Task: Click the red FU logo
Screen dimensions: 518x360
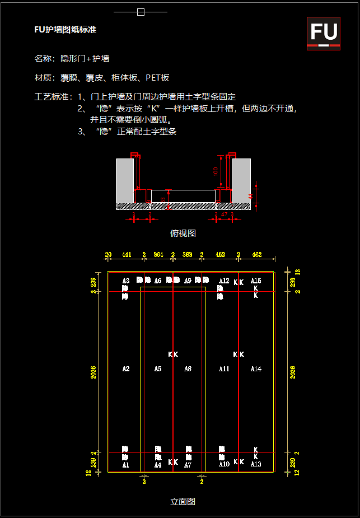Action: [x=324, y=33]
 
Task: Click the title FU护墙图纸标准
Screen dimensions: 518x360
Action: [x=66, y=30]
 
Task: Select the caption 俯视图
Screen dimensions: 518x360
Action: [x=183, y=233]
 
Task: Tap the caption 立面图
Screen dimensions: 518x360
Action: [x=183, y=502]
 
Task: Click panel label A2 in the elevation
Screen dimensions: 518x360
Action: [x=126, y=369]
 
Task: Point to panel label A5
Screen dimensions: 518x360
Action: [x=158, y=369]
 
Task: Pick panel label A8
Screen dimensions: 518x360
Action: [x=188, y=369]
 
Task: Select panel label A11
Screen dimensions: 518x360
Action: [x=225, y=369]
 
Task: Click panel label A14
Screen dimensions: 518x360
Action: [x=256, y=369]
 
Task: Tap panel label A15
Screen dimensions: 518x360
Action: [x=256, y=281]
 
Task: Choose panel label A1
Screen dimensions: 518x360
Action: [x=126, y=465]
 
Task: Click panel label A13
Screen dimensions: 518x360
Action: [x=256, y=465]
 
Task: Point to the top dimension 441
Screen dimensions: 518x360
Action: [x=127, y=255]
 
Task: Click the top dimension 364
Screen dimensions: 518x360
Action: [x=158, y=255]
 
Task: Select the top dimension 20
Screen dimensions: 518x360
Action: [x=108, y=255]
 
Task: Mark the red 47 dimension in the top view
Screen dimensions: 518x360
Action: [x=224, y=214]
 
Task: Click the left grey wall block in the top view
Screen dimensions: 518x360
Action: [x=124, y=179]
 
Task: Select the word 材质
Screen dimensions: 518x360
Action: [x=43, y=78]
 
